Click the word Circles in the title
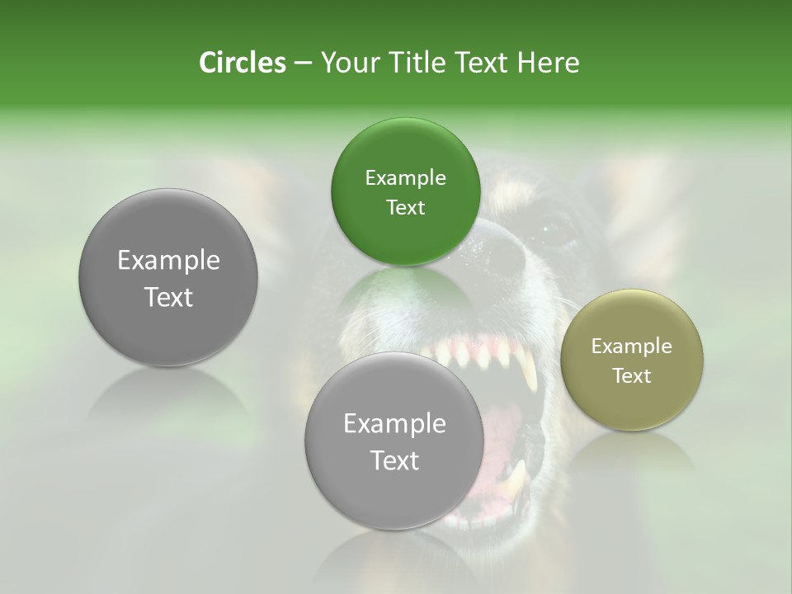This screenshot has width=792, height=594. tap(243, 63)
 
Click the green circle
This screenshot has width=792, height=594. tap(405, 191)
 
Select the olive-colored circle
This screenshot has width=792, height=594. tap(632, 360)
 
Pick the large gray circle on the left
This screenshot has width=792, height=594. tap(168, 278)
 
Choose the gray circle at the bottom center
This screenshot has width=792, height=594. tap(394, 441)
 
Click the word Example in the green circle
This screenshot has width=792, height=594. tap(405, 178)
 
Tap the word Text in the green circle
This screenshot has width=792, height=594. tap(405, 207)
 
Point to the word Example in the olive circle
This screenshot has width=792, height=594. tap(632, 346)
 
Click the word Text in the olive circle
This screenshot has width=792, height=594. tap(632, 375)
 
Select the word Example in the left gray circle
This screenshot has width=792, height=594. tap(168, 261)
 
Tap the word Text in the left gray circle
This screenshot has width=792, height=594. tap(168, 297)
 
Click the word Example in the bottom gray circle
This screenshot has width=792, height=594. tap(394, 424)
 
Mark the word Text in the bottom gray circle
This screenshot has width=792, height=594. tap(394, 460)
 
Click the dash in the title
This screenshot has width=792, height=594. tap(302, 64)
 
